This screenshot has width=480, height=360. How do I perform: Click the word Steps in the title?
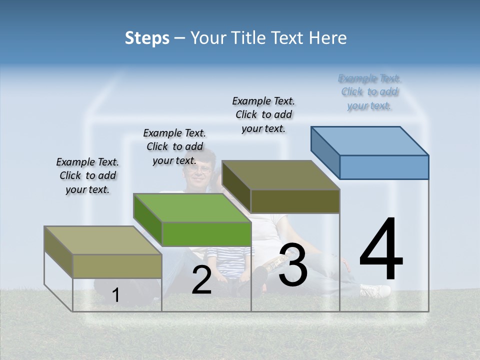[x=147, y=38]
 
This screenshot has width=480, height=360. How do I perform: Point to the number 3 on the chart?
[x=293, y=265]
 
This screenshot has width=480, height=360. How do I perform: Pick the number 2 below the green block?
[x=201, y=280]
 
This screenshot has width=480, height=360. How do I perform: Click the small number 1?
[x=116, y=295]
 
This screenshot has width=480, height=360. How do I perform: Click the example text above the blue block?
[x=369, y=92]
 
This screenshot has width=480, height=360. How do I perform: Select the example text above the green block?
[x=174, y=146]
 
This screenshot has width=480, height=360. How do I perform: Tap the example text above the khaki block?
[x=87, y=175]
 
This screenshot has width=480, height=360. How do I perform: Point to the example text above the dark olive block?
[x=263, y=114]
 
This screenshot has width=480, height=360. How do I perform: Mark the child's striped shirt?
[x=230, y=260]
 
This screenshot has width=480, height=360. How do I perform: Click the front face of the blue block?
[x=384, y=167]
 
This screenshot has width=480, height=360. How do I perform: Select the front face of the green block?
[x=206, y=234]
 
